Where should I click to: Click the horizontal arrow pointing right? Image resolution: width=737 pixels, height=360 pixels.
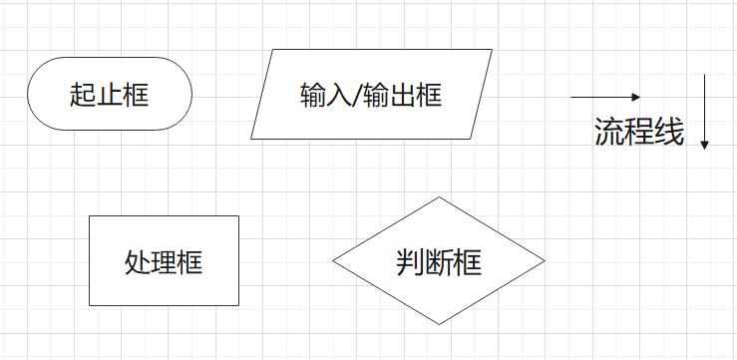click(x=603, y=97)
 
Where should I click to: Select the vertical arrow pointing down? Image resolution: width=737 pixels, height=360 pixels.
click(x=704, y=110)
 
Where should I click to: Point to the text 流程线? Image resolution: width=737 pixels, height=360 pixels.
click(x=639, y=133)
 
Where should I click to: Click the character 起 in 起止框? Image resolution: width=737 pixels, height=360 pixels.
click(x=83, y=95)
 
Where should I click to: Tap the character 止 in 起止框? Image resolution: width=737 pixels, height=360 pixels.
click(x=109, y=95)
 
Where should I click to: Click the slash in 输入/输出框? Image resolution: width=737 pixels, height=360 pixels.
click(x=356, y=96)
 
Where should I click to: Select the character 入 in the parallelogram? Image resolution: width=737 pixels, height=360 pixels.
click(x=338, y=96)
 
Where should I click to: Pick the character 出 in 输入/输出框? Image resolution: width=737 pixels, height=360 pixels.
click(x=402, y=96)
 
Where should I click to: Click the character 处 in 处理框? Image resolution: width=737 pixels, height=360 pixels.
click(x=138, y=262)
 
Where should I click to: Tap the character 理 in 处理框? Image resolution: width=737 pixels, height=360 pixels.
click(x=164, y=262)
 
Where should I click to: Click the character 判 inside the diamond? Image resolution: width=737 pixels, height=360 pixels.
click(x=410, y=262)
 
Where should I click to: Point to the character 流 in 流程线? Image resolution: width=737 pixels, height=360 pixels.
click(x=609, y=133)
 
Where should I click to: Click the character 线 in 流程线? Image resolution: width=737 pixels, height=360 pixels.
click(x=670, y=133)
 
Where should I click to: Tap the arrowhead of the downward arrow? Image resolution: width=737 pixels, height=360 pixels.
click(x=704, y=145)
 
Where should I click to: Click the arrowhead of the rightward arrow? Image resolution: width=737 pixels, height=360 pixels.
click(x=636, y=97)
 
